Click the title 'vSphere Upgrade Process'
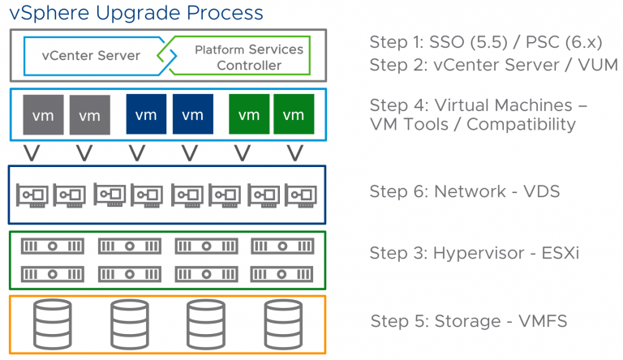136,13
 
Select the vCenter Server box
91,56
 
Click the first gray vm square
43,115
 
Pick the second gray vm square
89,115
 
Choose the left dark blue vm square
147,115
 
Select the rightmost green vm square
294,115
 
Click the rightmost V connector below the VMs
295,152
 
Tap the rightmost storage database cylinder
281,324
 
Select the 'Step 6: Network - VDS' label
464,191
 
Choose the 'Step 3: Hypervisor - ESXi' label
475,254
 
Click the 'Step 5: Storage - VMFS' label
469,321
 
